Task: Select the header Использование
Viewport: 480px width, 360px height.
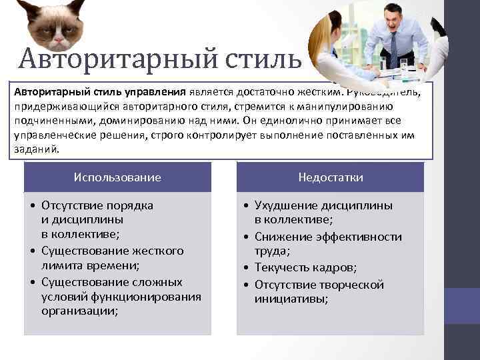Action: tap(117, 177)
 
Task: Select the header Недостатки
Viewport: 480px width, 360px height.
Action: tap(330, 177)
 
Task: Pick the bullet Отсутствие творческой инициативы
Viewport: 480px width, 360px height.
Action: tap(319, 292)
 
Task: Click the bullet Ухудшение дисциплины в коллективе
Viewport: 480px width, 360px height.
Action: tap(323, 212)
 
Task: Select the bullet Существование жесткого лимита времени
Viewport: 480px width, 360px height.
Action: tap(111, 258)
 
